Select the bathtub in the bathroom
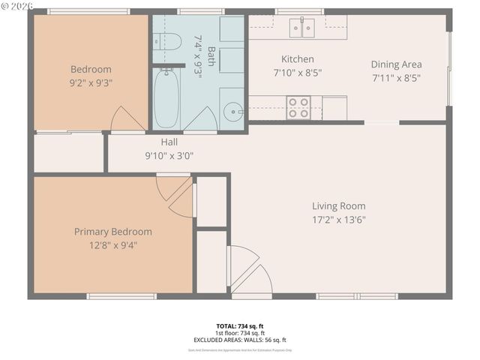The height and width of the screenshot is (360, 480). (x=166, y=98)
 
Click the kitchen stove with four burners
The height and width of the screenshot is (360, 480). (x=298, y=108)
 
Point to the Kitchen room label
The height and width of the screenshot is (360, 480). (x=298, y=59)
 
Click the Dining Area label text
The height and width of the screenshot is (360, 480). (x=396, y=64)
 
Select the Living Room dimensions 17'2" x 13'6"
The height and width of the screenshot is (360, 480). (x=339, y=220)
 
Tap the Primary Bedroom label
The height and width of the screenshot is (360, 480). (x=112, y=232)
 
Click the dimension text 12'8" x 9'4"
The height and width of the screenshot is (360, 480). (x=112, y=244)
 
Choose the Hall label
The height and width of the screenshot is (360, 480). (x=169, y=142)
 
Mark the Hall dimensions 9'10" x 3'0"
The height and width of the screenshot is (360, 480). (x=169, y=156)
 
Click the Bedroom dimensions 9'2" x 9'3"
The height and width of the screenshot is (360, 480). (x=90, y=82)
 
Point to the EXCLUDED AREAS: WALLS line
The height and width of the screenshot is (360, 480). (x=239, y=340)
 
